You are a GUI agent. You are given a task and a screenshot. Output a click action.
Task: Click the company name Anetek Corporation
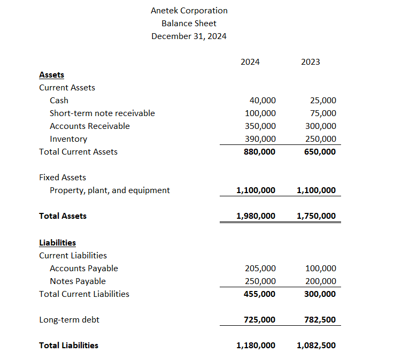pos(189,11)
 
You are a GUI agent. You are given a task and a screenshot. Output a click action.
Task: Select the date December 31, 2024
pos(189,36)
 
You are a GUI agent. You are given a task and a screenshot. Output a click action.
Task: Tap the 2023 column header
pos(310,62)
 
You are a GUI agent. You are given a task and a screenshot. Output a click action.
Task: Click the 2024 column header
pos(250,62)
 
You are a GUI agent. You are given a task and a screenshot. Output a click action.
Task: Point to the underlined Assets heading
pos(51,75)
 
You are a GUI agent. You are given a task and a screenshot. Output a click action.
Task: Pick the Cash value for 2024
pos(262,101)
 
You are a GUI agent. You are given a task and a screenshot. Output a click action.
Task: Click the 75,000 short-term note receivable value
pos(323,113)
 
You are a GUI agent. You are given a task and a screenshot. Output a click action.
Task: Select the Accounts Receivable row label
pos(89,126)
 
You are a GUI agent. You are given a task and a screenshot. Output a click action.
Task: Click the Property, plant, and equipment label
pos(110,190)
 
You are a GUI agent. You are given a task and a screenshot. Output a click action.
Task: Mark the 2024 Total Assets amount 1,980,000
pos(256,216)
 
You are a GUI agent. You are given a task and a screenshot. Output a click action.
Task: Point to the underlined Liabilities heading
pos(57,243)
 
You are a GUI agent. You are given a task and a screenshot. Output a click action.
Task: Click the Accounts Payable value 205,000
pos(260,269)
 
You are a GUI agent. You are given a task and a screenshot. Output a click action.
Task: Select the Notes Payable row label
pos(78,281)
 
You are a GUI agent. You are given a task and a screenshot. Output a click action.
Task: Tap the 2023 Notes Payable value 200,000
pos(321,281)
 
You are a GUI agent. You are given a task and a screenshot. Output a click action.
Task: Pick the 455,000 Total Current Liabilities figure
pos(259,294)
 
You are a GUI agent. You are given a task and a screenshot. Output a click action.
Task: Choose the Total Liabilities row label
pos(68,346)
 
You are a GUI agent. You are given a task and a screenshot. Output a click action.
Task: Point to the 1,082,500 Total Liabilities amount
pos(316,346)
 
